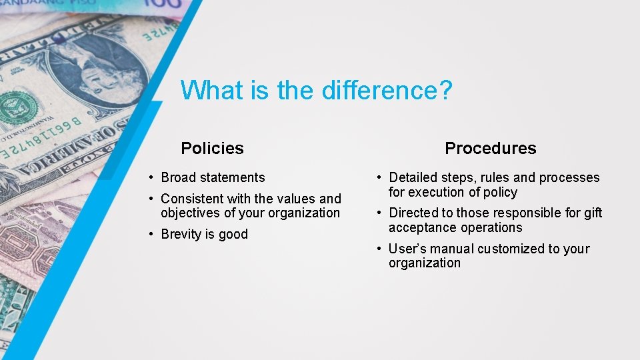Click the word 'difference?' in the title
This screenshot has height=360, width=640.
(387, 90)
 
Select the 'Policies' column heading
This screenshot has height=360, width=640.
(212, 148)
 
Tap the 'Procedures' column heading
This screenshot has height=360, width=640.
(490, 148)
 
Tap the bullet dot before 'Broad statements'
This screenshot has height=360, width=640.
(153, 177)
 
